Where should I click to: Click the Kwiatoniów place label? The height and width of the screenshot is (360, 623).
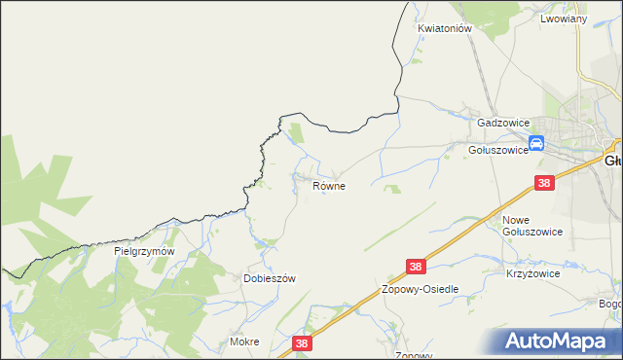(x=445, y=29)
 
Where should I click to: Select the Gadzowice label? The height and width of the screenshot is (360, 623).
(x=502, y=124)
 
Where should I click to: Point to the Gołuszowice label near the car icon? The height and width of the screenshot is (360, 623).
(x=497, y=150)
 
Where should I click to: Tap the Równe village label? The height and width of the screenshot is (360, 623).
(x=329, y=185)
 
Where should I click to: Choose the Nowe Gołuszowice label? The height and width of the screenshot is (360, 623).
(x=531, y=226)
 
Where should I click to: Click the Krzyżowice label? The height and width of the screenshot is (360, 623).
(x=532, y=274)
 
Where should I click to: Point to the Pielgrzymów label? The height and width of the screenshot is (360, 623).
(x=143, y=251)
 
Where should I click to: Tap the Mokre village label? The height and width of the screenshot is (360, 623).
(x=243, y=342)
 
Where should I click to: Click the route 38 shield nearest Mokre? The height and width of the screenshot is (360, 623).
(x=303, y=342)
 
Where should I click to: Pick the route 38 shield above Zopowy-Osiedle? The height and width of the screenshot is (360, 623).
(x=417, y=266)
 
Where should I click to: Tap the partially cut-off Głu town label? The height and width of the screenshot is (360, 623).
(x=612, y=162)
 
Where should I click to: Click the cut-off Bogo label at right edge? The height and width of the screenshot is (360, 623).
(x=610, y=304)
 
